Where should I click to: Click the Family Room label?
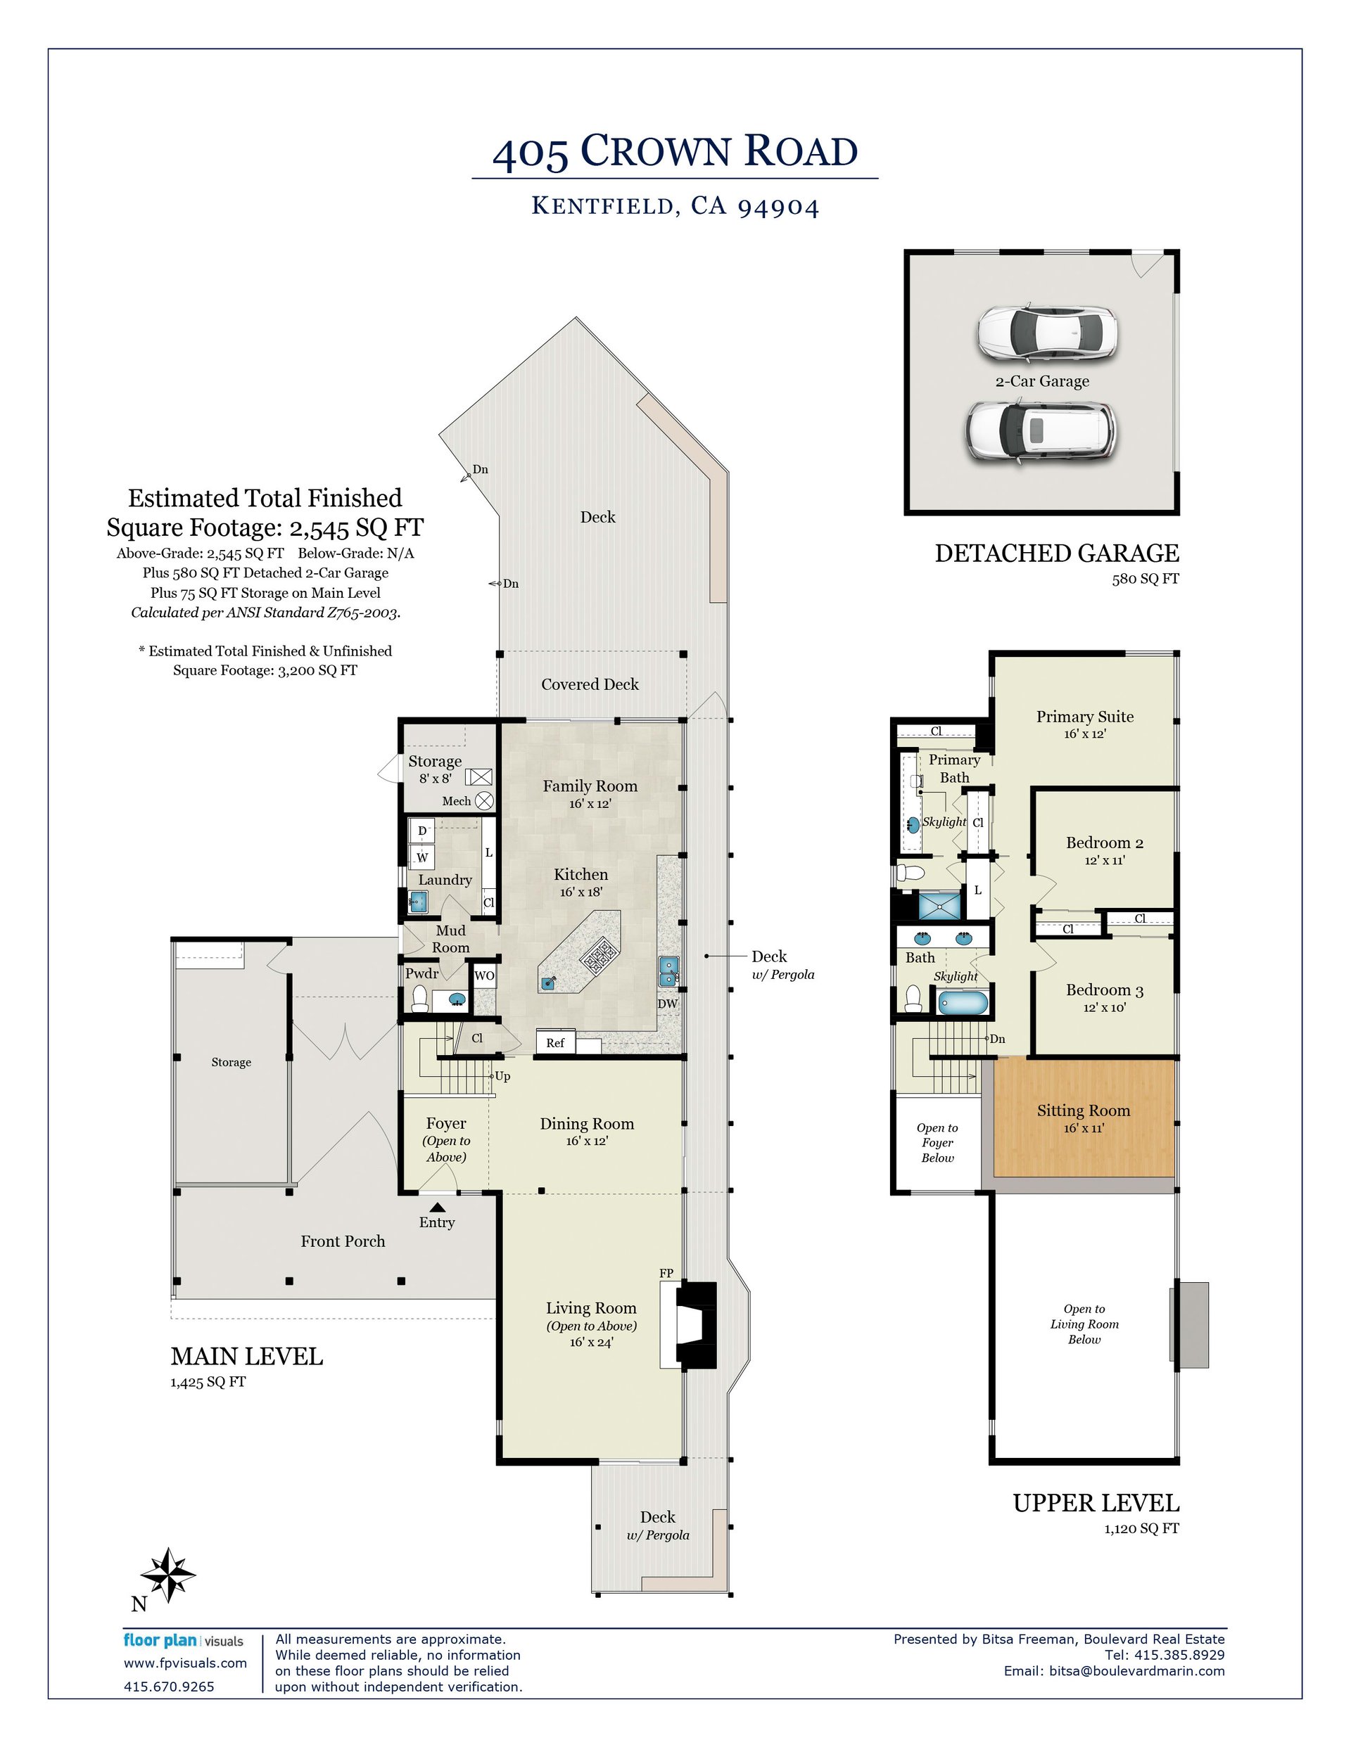pos(590,786)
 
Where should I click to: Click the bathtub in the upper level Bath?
pos(963,1002)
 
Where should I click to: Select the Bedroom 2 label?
pos(1105,843)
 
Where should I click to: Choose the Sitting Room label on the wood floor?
pos(1084,1111)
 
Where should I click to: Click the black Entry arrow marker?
pos(437,1208)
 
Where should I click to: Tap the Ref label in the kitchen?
pos(554,1042)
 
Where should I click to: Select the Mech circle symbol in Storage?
pos(484,800)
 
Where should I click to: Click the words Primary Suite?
pos(1084,717)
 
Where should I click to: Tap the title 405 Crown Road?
pos(675,152)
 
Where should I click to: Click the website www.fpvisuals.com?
pos(185,1663)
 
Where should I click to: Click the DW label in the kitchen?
pos(668,1004)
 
